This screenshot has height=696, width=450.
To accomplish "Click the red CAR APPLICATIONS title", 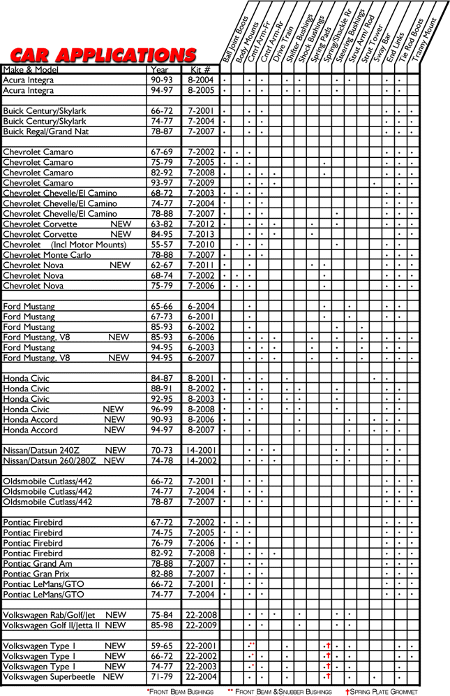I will [x=103, y=55].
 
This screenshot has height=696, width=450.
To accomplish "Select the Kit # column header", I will [x=201, y=70].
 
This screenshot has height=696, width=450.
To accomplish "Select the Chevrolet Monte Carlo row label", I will [x=47, y=255].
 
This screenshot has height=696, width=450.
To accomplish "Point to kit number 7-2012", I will [x=201, y=224].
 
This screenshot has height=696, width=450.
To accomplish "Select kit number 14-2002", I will [x=201, y=461].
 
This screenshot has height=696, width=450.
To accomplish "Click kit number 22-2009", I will [x=201, y=625].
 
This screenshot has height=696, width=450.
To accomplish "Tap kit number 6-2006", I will [x=201, y=337].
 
